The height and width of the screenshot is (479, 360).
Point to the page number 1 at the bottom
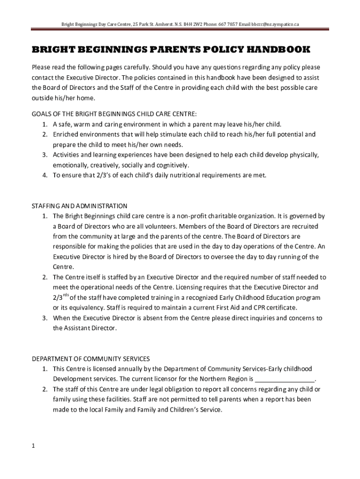pos(34,446)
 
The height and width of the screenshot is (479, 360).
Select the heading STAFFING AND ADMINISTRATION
pos(79,206)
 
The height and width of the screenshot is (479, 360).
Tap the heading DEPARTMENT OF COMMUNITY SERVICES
pos(91,358)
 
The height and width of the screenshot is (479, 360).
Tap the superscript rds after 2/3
pos(65,295)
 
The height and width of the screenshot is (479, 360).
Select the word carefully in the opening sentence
pos(132,67)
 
